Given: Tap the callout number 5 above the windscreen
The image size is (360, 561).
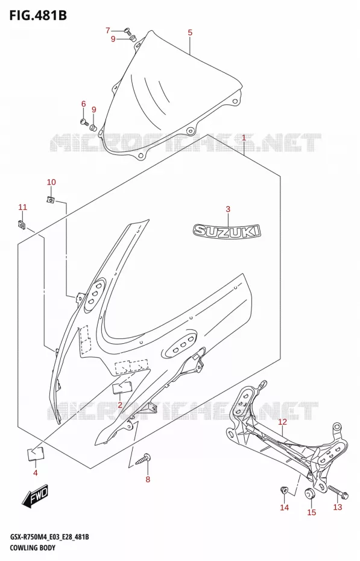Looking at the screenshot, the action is coord(190,33).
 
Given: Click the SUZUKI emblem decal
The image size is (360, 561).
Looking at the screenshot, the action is coord(227,230).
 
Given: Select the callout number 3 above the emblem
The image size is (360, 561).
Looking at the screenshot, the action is coord(228,209).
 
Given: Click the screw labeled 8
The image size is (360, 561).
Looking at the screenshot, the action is coord(143,459).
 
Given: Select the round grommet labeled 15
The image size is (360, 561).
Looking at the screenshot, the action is coord(309,493).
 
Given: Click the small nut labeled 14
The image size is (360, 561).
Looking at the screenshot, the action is coord(284,489).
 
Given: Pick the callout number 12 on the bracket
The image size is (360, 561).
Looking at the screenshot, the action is coord(282,422).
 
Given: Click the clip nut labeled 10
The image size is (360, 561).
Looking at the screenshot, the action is coord(51,200).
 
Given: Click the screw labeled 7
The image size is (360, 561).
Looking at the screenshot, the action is coord(128,31).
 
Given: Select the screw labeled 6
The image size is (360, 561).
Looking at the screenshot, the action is coord(84,122).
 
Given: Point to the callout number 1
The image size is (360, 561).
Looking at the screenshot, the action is coord(244,138).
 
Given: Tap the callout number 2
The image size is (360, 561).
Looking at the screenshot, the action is coord(120,405).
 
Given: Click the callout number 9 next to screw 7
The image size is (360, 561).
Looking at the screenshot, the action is coord(113,39).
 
